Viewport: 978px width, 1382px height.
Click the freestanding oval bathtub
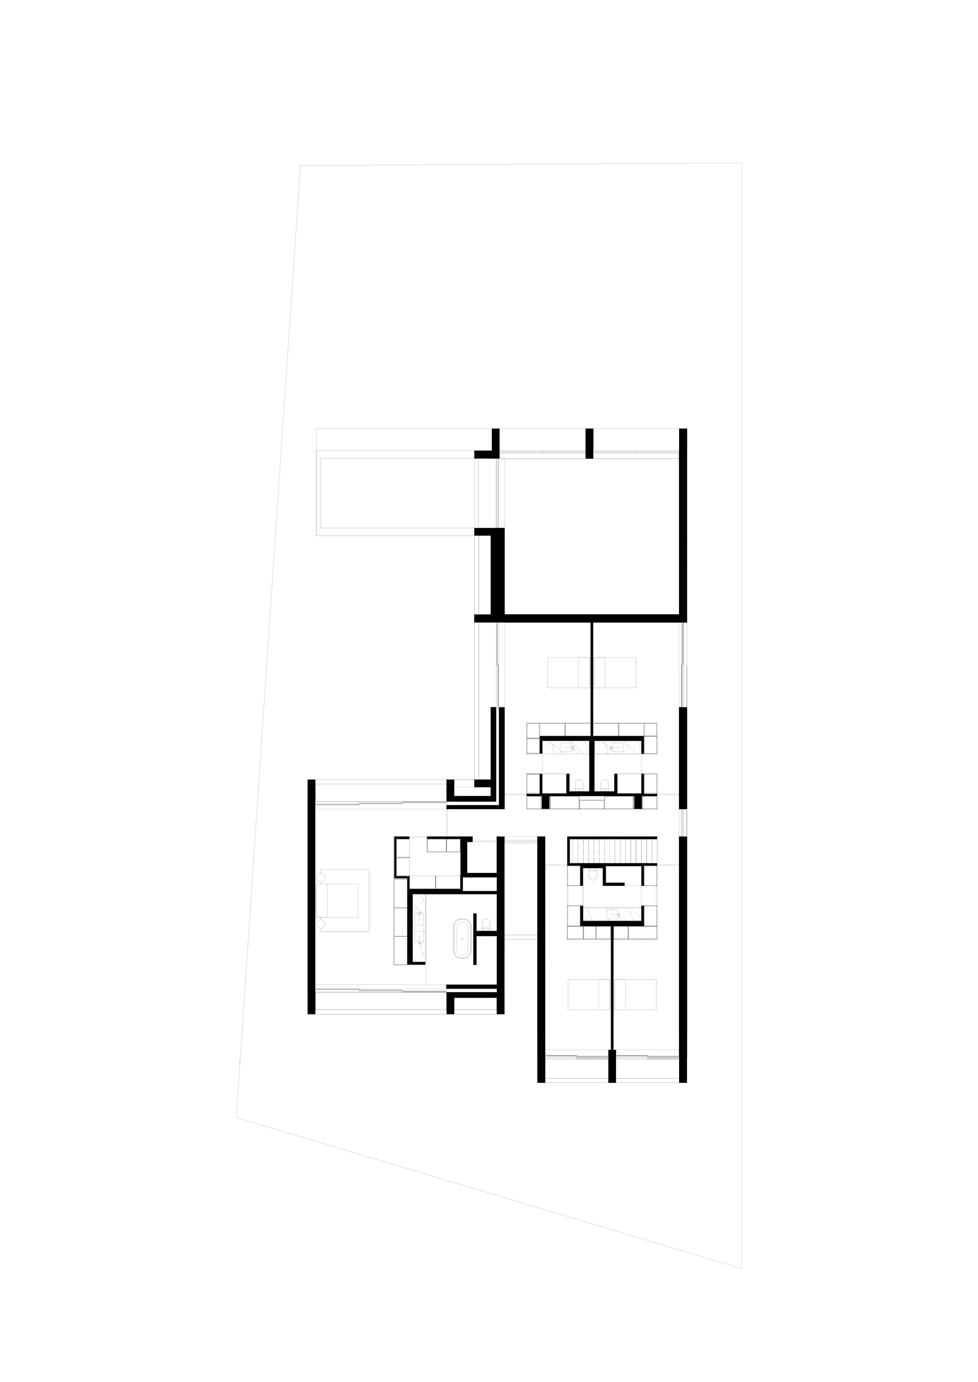tap(462, 938)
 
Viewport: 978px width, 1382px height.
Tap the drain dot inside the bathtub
tap(462, 938)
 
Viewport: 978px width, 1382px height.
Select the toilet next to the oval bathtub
tap(486, 925)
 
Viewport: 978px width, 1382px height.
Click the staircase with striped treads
tap(613, 851)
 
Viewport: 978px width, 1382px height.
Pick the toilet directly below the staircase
tap(593, 874)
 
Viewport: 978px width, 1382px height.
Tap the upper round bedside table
tap(320, 878)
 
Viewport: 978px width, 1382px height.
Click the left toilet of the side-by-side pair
tap(579, 785)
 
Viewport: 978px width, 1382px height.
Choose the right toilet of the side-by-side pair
tap(604, 785)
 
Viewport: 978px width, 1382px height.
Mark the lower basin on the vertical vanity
tap(419, 937)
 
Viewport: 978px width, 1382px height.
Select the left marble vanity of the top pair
tap(566, 747)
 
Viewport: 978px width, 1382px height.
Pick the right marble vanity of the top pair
tap(618, 747)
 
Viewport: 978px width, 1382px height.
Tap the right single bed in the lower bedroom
tap(635, 994)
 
